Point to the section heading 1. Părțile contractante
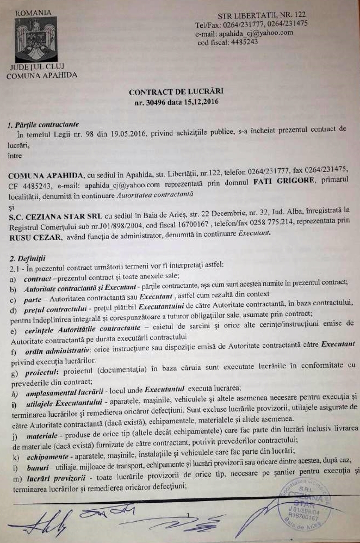(43, 125)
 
